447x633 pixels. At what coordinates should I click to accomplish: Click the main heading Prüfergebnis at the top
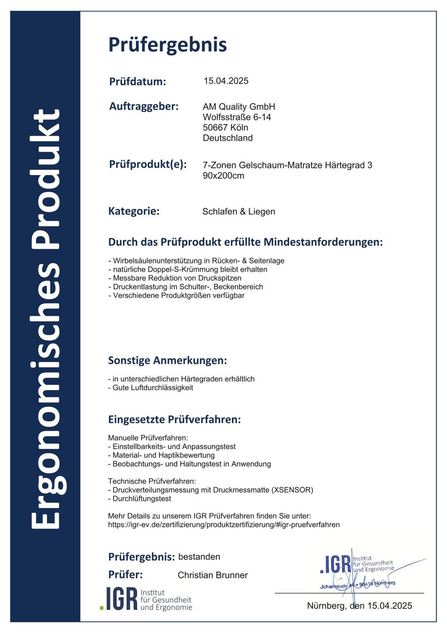[x=167, y=45]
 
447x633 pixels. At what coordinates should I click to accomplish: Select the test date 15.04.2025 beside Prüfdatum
[x=226, y=81]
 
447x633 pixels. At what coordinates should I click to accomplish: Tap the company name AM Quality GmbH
[x=239, y=107]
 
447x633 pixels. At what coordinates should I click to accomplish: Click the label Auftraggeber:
[x=144, y=106]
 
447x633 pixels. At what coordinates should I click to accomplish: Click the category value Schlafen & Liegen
[x=238, y=211]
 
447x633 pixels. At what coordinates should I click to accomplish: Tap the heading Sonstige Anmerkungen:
[x=167, y=360]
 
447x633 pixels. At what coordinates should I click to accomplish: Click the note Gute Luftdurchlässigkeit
[x=152, y=387]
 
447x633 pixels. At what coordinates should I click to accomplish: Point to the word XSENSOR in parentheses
[x=293, y=490]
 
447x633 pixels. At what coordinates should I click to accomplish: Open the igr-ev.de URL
[x=223, y=525]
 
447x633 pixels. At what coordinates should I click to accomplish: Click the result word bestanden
[x=199, y=557]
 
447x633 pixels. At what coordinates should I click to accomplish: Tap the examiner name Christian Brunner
[x=212, y=575]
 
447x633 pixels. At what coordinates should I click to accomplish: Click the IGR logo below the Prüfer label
[x=146, y=599]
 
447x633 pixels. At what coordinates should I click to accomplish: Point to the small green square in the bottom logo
[x=102, y=608]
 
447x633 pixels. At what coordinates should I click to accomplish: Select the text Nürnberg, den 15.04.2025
[x=359, y=605]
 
